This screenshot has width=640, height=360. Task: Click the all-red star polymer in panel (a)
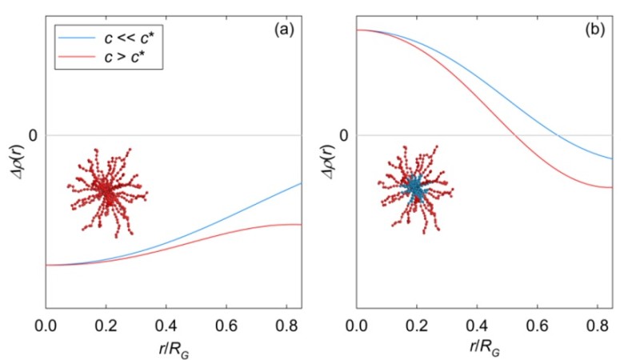click(x=108, y=192)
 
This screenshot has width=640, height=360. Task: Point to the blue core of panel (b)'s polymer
click(x=415, y=187)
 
